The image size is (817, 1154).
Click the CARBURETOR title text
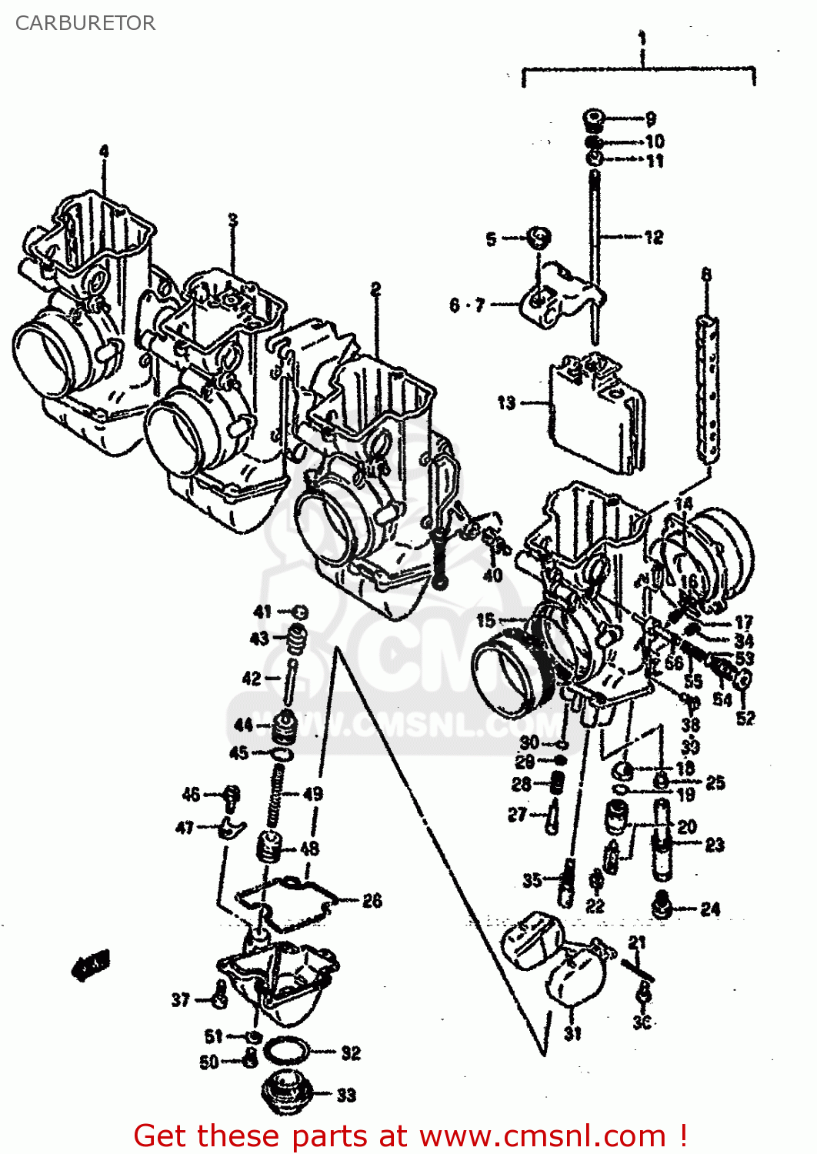[x=85, y=23]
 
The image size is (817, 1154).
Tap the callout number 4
[x=104, y=151]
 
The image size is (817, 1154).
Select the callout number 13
[x=506, y=402]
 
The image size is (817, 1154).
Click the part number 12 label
[x=653, y=237]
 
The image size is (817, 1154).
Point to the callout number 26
[x=372, y=900]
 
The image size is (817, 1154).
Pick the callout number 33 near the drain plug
[x=346, y=1095]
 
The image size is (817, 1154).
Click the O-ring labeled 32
[x=286, y=1050]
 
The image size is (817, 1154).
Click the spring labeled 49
[x=275, y=800]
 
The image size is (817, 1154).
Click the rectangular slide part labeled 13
[x=596, y=415]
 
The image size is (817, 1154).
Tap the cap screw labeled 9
[x=593, y=119]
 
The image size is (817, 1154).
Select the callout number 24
[x=710, y=909]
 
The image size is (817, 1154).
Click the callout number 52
[x=745, y=718]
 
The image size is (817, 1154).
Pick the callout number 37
[x=180, y=999]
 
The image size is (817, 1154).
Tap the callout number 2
[x=375, y=289]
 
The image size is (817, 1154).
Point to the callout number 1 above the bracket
[x=642, y=38]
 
